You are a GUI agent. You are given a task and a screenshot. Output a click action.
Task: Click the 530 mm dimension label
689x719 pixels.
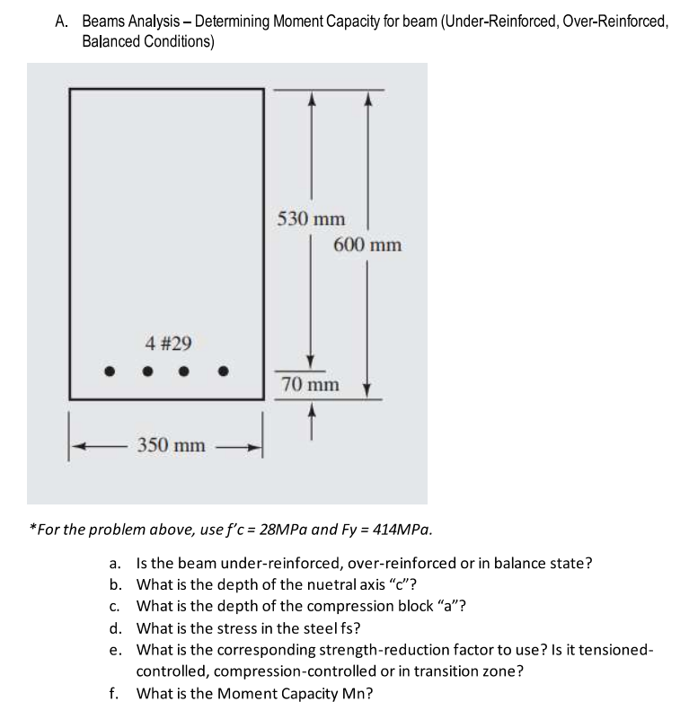pos(310,219)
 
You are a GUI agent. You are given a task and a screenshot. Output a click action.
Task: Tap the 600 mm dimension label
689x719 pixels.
pos(367,245)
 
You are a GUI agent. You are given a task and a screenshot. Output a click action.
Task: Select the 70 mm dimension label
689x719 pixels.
pos(310,385)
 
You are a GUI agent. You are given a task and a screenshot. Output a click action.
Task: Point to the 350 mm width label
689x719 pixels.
pos(170,445)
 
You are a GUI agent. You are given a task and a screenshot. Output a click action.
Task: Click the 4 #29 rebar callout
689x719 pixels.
pos(168,342)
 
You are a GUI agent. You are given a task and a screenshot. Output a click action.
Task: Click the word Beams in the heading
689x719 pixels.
pos(105,22)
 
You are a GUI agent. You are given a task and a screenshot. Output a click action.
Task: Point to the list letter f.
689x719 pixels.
pos(113,692)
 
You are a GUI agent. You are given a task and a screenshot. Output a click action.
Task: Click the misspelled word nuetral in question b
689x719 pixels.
pos(310,584)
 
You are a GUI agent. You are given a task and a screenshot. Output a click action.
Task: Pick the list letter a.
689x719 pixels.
pos(114,564)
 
